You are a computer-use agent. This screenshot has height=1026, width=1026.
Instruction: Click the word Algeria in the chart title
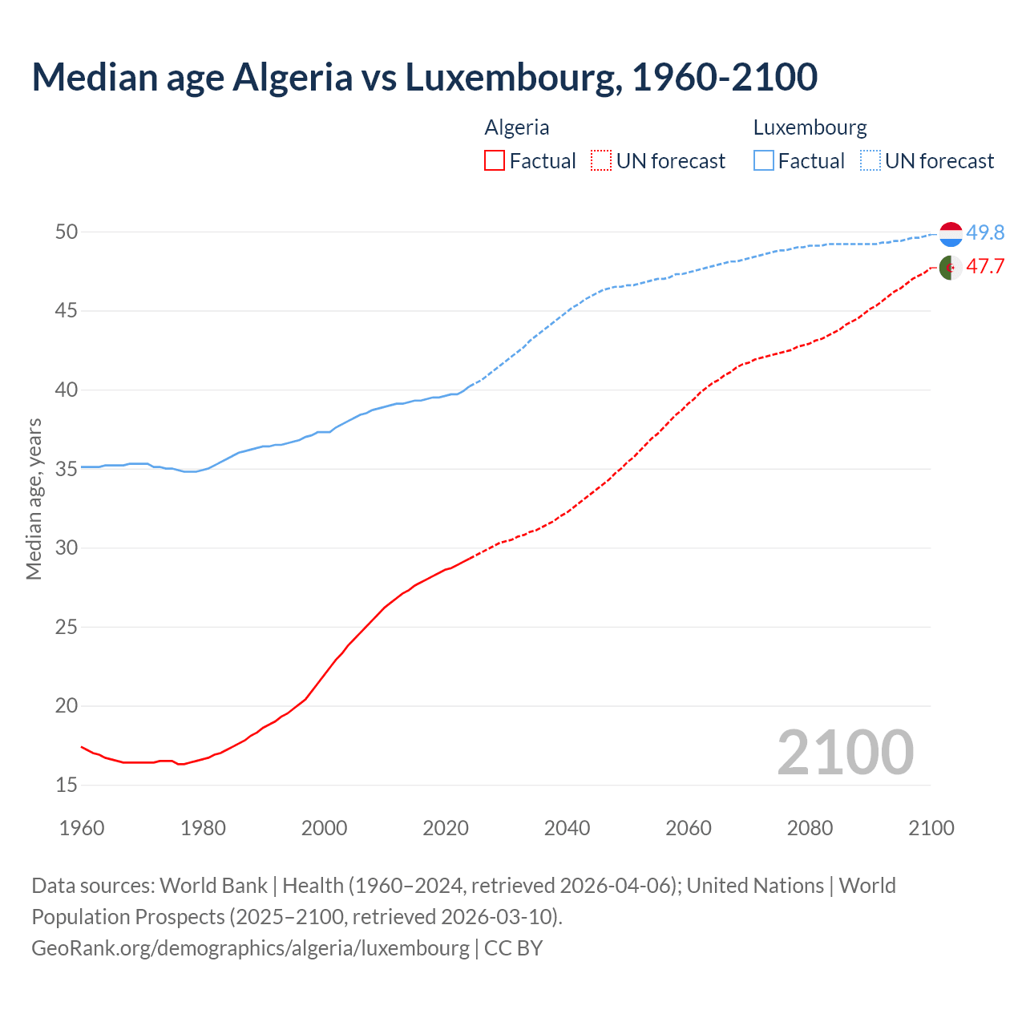coord(292,77)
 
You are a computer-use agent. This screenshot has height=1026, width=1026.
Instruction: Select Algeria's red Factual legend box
coord(495,161)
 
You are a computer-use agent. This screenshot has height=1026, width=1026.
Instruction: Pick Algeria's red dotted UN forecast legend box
coord(601,161)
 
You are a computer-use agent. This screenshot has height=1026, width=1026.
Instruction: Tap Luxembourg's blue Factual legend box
coord(764,161)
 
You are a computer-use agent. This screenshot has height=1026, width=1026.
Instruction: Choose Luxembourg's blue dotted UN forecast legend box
coord(870,161)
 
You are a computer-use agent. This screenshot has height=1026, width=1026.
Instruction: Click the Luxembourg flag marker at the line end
coord(951,234)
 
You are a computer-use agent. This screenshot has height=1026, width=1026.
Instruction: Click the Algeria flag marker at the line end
coord(951,267)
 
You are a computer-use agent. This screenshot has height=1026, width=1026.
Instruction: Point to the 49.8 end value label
coord(985,233)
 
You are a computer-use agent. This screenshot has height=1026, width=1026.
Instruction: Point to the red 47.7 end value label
coord(985,267)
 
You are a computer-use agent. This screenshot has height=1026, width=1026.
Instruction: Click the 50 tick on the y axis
coord(67,232)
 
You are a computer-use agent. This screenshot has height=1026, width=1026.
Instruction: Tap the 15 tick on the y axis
coord(67,786)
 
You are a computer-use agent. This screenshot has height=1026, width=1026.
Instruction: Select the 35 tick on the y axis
coord(67,469)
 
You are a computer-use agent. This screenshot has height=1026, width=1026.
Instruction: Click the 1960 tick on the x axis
coord(82,828)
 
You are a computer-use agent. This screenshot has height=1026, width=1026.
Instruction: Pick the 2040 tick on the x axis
coord(567,828)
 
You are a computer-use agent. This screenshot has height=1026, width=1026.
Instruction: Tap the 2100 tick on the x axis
coord(931,828)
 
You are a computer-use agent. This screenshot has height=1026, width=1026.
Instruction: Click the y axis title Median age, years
coord(34,499)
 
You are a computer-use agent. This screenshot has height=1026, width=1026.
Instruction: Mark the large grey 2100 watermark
coord(845,753)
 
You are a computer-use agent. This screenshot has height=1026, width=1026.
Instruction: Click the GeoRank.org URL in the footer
coord(250,948)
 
